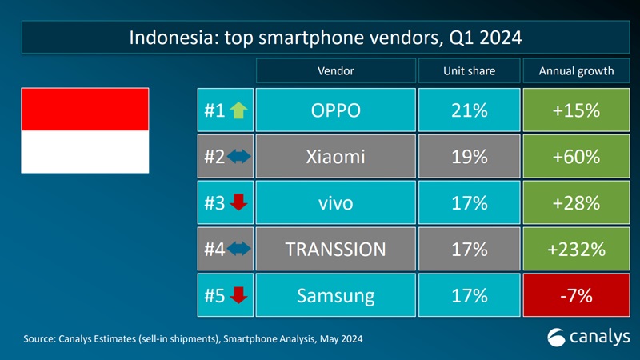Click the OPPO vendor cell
(x=336, y=110)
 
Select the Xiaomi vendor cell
(x=336, y=157)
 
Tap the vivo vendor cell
(x=336, y=203)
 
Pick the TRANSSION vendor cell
(x=336, y=250)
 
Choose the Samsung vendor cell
(x=336, y=296)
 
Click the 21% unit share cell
(x=469, y=110)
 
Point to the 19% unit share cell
(x=469, y=157)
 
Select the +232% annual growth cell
(x=576, y=250)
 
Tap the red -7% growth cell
(x=576, y=296)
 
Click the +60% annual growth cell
(x=576, y=157)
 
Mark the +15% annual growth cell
(x=576, y=110)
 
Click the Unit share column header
(x=469, y=70)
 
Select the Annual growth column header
(x=576, y=70)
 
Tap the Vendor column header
(x=336, y=70)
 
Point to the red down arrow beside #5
(x=238, y=296)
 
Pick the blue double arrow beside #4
(x=239, y=250)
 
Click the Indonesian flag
(x=85, y=131)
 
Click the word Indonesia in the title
(x=167, y=38)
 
